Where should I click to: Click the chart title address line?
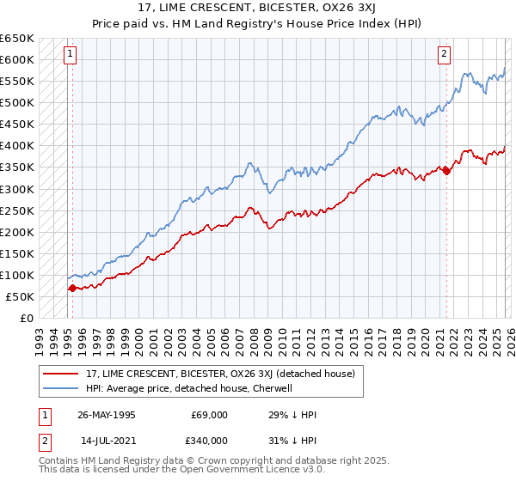[257, 8]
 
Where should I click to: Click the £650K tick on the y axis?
[17, 39]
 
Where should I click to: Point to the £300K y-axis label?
[17, 189]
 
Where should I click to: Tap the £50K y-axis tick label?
[21, 296]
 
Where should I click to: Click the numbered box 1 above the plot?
[70, 54]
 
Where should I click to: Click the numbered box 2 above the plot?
[445, 54]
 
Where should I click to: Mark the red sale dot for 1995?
[72, 289]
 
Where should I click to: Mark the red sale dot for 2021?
[446, 171]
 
